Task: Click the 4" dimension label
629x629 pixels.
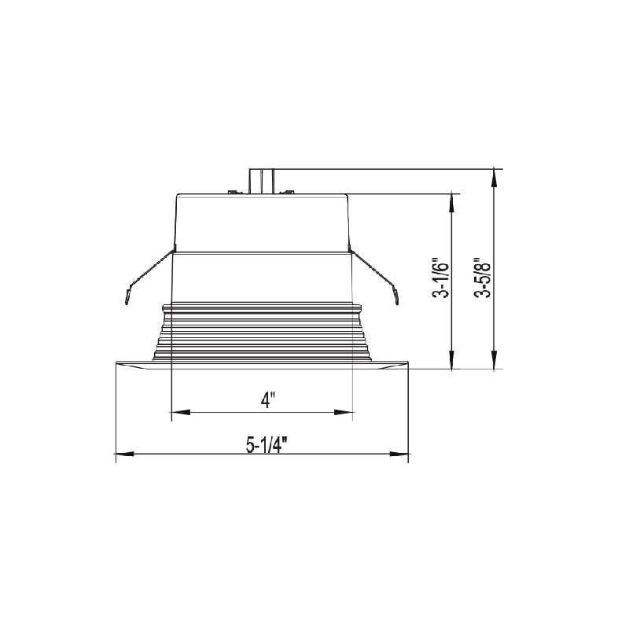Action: click(267, 400)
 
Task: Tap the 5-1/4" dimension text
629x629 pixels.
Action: click(267, 444)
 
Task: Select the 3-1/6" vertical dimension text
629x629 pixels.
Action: click(440, 280)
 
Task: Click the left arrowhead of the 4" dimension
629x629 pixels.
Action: click(181, 412)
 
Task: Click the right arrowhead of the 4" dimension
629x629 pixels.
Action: click(344, 412)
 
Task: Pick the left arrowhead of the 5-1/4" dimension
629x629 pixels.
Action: click(125, 454)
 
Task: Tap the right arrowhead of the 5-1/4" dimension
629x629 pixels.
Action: click(399, 454)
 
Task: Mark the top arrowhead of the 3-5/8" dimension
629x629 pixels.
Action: click(495, 178)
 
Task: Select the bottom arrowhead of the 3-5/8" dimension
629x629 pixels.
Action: click(495, 359)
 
